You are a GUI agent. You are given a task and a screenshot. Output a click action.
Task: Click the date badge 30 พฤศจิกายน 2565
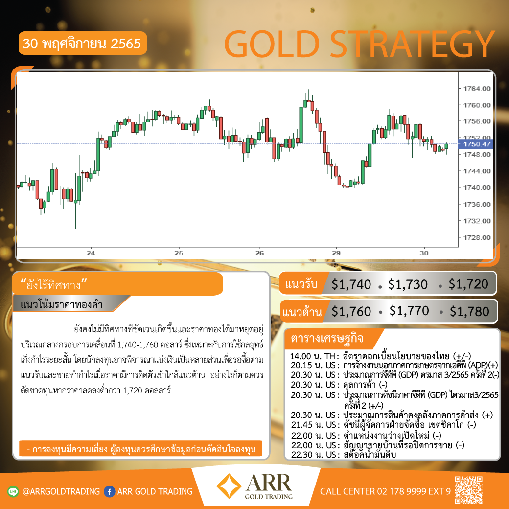82,43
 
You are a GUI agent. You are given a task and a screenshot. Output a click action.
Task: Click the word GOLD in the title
272,44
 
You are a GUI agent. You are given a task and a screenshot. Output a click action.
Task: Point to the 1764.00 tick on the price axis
477,89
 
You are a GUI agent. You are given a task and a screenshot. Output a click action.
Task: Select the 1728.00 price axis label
477,238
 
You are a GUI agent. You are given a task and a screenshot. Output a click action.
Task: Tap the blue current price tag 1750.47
476,144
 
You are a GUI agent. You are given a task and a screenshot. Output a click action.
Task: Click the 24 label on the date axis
91,253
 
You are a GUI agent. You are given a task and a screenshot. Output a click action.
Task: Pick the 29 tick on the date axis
336,253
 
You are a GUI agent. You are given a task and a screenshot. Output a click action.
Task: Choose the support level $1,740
351,285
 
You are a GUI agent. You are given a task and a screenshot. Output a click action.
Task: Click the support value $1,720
468,284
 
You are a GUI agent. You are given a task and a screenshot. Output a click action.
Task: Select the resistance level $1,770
409,311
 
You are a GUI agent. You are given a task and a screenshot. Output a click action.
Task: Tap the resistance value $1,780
469,312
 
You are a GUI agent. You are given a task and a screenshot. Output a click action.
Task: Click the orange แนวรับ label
301,284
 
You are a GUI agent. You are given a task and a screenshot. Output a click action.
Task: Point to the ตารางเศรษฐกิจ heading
327,338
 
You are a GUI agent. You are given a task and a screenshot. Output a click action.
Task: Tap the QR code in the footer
468,490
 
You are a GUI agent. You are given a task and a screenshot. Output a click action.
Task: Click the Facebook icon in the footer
110,491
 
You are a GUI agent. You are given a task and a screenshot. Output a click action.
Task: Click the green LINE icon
13,491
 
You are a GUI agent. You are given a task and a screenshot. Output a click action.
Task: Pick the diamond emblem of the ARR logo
229,486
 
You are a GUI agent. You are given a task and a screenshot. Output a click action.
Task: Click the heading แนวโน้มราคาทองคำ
62,304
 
